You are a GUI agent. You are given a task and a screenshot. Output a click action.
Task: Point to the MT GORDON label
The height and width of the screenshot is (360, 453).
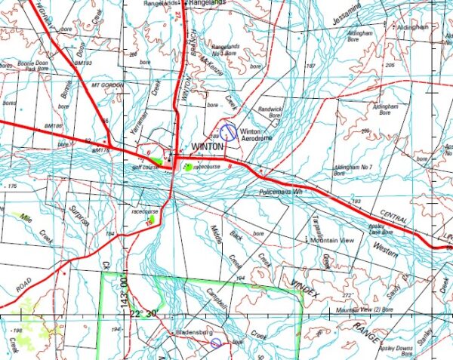pos(106,85)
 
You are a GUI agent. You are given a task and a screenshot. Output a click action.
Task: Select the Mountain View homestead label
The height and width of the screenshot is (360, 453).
pos(332,240)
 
